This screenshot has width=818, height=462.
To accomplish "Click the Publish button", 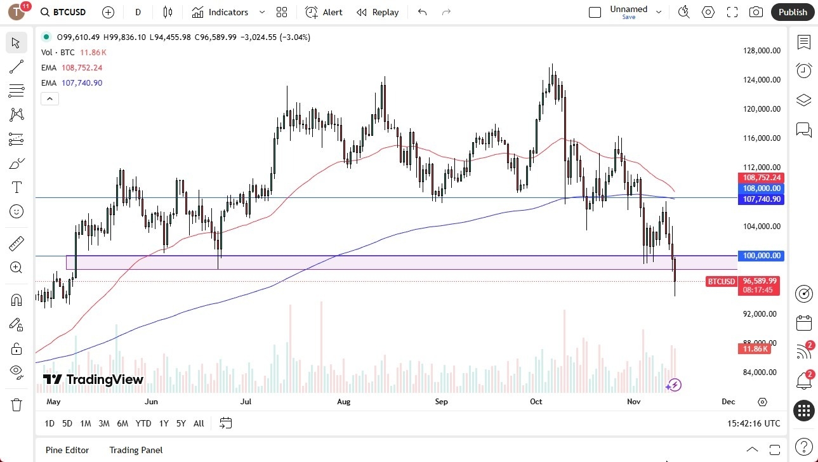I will [x=793, y=12].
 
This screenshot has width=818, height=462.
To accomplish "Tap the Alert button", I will [x=324, y=12].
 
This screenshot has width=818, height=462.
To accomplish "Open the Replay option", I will [x=378, y=12].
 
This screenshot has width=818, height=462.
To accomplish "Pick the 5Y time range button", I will [x=181, y=423].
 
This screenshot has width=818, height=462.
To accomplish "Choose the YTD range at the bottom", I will [x=143, y=423].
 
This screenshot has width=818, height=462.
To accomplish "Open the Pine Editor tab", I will [x=67, y=450].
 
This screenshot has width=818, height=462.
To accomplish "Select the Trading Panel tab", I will [x=136, y=450].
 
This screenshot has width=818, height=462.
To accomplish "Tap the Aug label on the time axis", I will [x=343, y=402].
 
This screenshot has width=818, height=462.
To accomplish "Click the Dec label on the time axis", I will [x=728, y=402].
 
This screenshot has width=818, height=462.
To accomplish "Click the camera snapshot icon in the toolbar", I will [x=756, y=12].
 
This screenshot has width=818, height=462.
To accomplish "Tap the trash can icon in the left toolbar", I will [x=16, y=405].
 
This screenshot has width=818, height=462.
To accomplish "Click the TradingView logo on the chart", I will [x=93, y=379].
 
